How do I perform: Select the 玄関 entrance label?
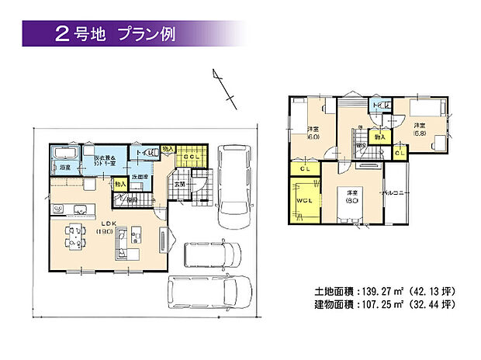point(178,184)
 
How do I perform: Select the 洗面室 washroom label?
point(140,177)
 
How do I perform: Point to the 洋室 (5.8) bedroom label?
point(419,129)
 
